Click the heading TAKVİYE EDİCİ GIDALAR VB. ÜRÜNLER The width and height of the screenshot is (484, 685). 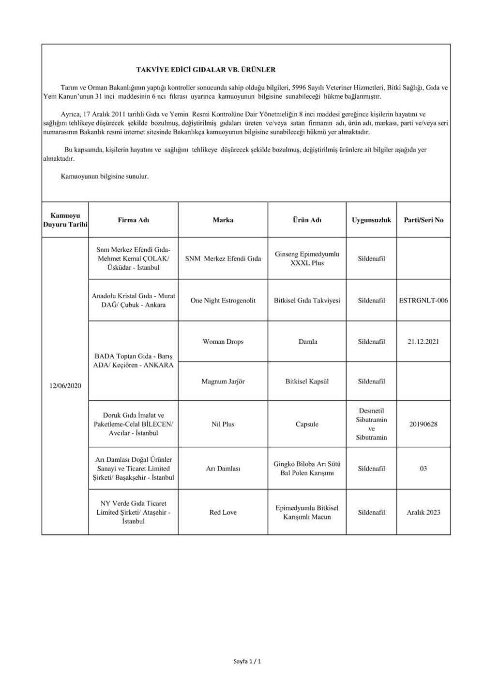pyautogui.click(x=206, y=69)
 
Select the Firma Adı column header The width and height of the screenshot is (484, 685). pyautogui.click(x=134, y=220)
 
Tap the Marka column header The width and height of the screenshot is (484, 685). pyautogui.click(x=223, y=220)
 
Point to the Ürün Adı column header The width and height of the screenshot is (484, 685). pyautogui.click(x=307, y=220)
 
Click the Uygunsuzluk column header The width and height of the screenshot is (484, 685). pyautogui.click(x=371, y=220)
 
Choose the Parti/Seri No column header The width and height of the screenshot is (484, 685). pyautogui.click(x=423, y=220)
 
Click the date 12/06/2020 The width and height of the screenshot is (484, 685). pyautogui.click(x=65, y=386)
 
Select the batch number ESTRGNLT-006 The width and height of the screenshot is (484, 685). pyautogui.click(x=423, y=300)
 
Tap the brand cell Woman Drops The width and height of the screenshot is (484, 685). pyautogui.click(x=223, y=341)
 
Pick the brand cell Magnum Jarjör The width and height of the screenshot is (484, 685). pyautogui.click(x=223, y=381)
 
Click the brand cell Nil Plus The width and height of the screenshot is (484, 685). pyautogui.click(x=223, y=424)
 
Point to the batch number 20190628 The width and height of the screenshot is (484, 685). pyautogui.click(x=423, y=424)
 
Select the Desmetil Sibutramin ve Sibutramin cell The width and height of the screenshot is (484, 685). pyautogui.click(x=371, y=424)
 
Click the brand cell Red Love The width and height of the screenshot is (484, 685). pyautogui.click(x=223, y=512)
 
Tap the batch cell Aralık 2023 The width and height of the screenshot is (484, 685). pyautogui.click(x=423, y=512)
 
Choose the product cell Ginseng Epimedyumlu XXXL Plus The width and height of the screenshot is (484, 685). pyautogui.click(x=307, y=259)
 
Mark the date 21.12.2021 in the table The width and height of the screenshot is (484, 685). pyautogui.click(x=423, y=341)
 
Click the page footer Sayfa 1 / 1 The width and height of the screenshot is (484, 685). pyautogui.click(x=247, y=661)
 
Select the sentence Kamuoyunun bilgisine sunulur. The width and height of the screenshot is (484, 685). pyautogui.click(x=105, y=177)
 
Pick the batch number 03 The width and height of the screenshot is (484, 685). pyautogui.click(x=423, y=469)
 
